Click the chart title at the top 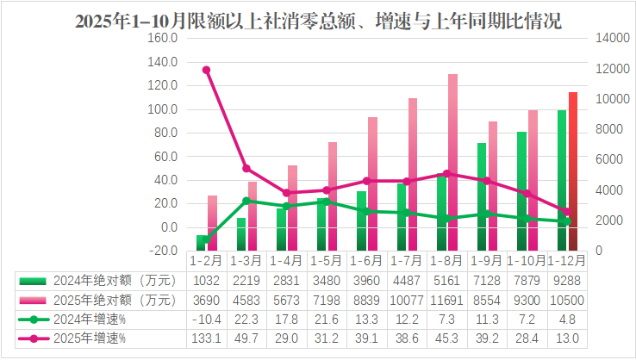point(318,22)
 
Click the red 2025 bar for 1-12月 point(573,171)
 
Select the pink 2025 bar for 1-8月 point(452,162)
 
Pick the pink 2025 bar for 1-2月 point(213,222)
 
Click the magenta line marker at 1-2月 point(206,70)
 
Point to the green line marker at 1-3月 point(246,201)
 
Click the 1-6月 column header point(367,260)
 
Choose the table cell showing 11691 point(448,301)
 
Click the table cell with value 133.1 point(205,338)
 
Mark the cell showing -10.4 point(205,320)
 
